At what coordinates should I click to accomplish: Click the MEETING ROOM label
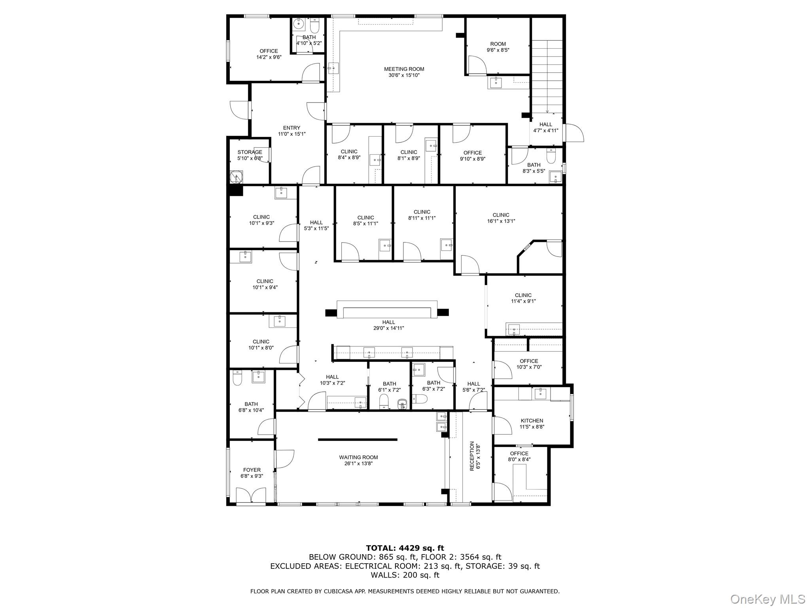(x=404, y=69)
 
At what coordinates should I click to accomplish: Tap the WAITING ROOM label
(x=358, y=457)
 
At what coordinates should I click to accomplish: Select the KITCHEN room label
(x=532, y=420)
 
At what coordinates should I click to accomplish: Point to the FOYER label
(x=252, y=470)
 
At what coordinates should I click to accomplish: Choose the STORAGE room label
(x=250, y=152)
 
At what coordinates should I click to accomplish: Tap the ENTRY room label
(x=292, y=128)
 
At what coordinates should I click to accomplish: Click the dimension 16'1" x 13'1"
(x=501, y=221)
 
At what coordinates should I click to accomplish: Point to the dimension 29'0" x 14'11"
(x=389, y=328)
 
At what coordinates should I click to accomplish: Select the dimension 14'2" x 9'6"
(x=269, y=57)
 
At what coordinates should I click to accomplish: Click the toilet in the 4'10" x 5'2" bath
(x=315, y=26)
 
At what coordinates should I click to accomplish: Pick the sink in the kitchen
(x=540, y=393)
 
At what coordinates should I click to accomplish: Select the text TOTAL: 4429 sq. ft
(x=405, y=548)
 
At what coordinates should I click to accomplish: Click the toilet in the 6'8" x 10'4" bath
(x=237, y=378)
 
